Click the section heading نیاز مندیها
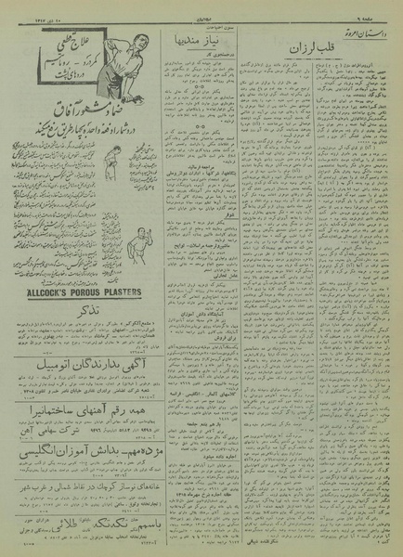click(198, 43)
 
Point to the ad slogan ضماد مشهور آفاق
click(84, 114)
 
